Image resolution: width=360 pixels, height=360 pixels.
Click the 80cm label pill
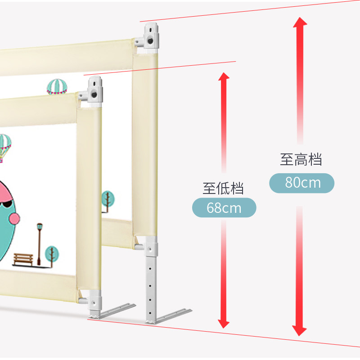[x=301, y=183]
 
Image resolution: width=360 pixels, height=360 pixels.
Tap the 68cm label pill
[x=224, y=208]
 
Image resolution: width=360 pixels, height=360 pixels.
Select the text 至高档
[x=301, y=159]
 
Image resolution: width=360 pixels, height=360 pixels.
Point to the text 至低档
[x=223, y=188]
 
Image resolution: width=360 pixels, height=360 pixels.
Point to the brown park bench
[x=23, y=258]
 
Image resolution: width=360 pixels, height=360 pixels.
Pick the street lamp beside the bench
[x=40, y=243]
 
